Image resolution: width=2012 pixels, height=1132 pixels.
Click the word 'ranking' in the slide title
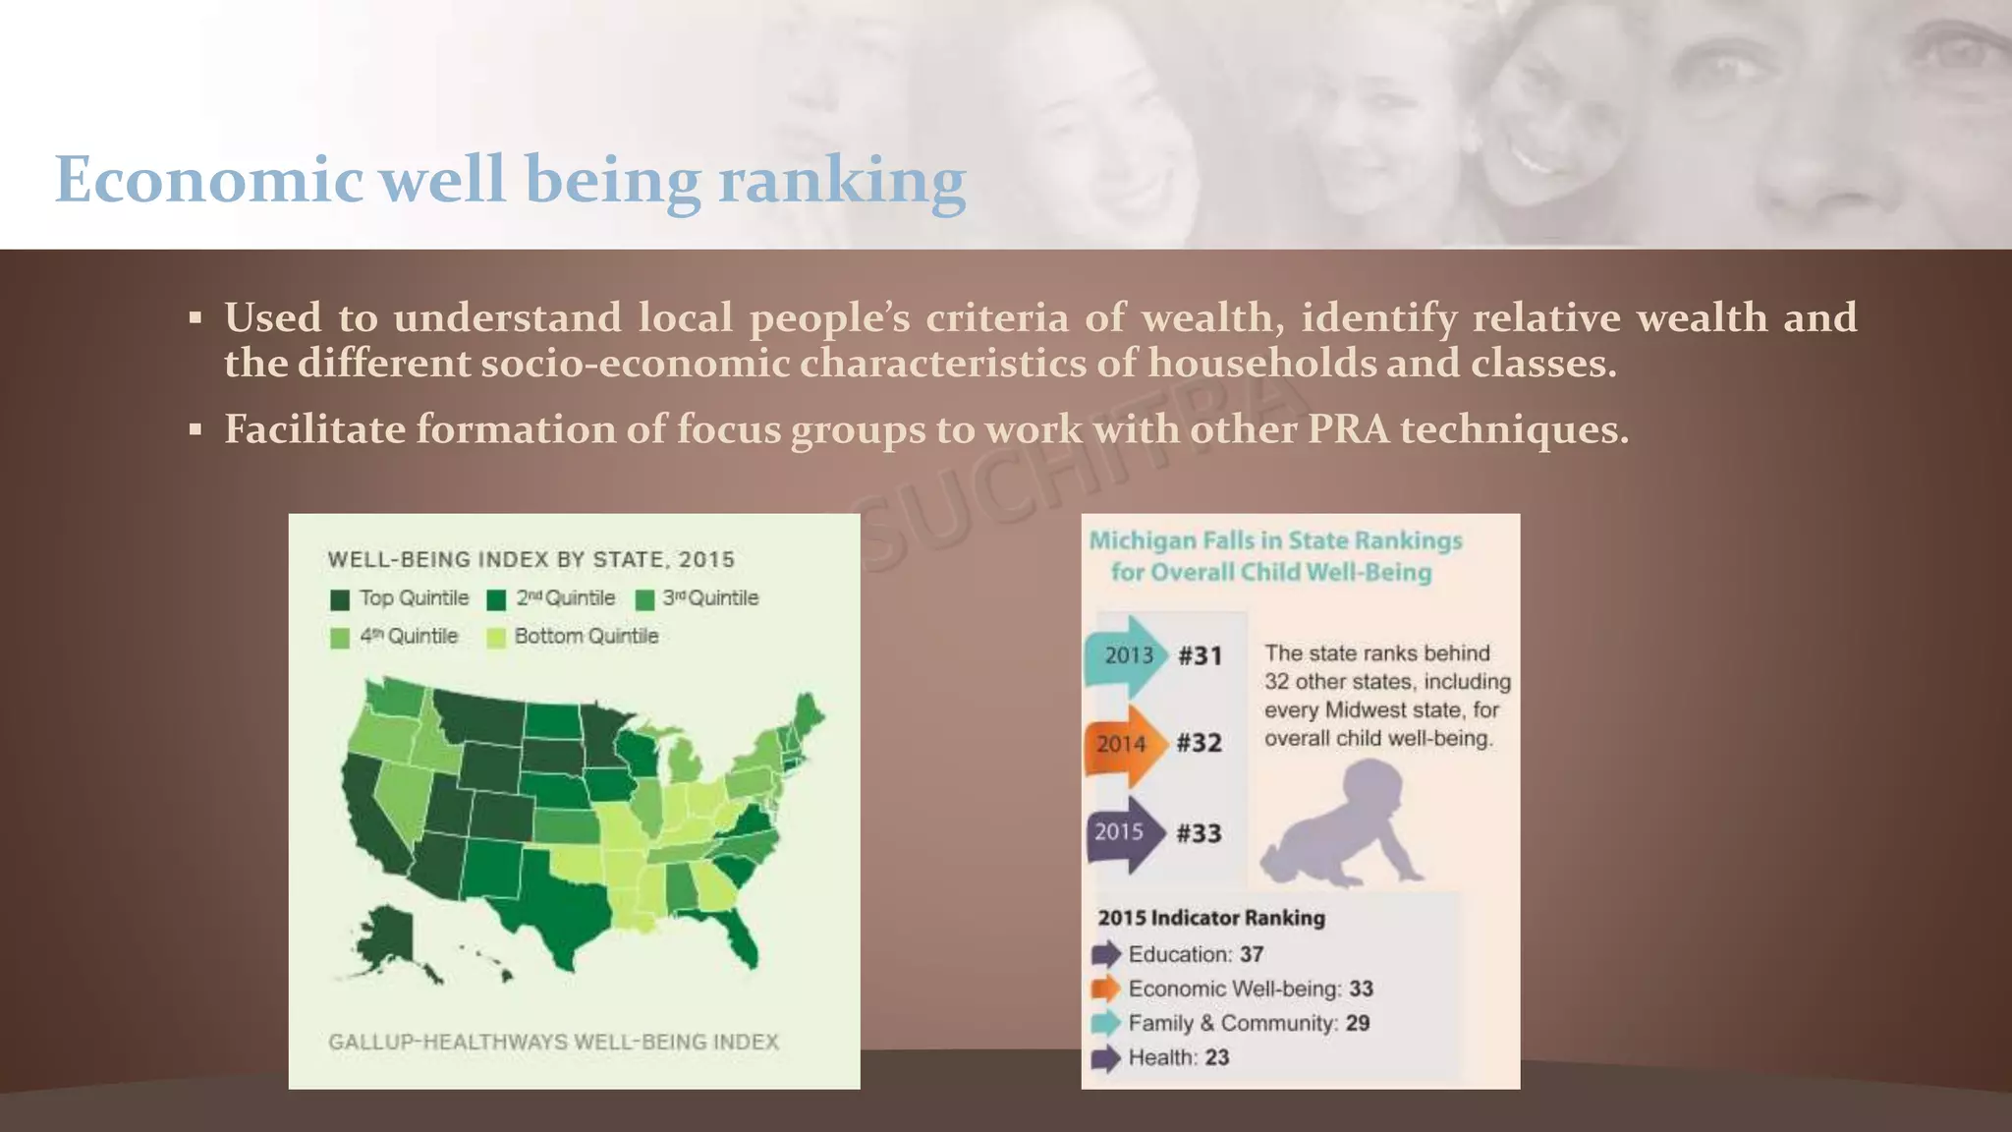pyautogui.click(x=842, y=181)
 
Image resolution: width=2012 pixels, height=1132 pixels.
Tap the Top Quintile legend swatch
pyautogui.click(x=340, y=599)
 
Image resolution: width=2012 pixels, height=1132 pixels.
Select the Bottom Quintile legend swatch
pyautogui.click(x=496, y=638)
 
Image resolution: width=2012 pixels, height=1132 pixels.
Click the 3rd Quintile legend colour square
pyautogui.click(x=644, y=599)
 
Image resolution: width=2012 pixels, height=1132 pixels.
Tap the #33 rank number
pyautogui.click(x=1199, y=833)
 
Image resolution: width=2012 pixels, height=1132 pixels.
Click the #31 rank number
pyautogui.click(x=1200, y=655)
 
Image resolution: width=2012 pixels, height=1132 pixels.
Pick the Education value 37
pyautogui.click(x=1251, y=954)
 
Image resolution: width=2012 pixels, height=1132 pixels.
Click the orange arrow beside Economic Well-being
pyautogui.click(x=1106, y=989)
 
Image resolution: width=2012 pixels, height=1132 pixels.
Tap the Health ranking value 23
pyautogui.click(x=1216, y=1057)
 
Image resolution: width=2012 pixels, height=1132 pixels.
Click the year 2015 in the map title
pyautogui.click(x=705, y=560)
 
